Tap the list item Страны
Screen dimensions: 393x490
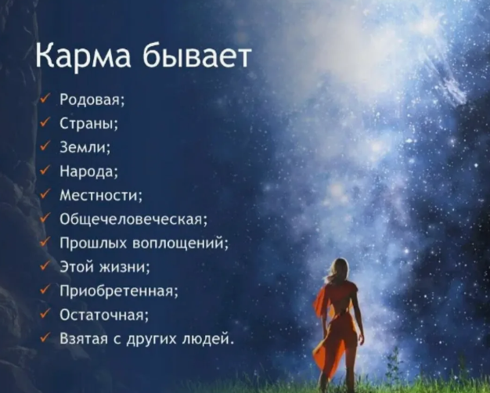coord(90,123)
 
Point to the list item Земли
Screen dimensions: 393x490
coord(85,146)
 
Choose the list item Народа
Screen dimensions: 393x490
coord(89,171)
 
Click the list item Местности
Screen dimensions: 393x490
coord(102,195)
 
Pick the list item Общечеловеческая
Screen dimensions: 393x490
coord(134,219)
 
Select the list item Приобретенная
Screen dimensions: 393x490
coord(119,291)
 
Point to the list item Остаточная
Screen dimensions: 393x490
coord(105,315)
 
